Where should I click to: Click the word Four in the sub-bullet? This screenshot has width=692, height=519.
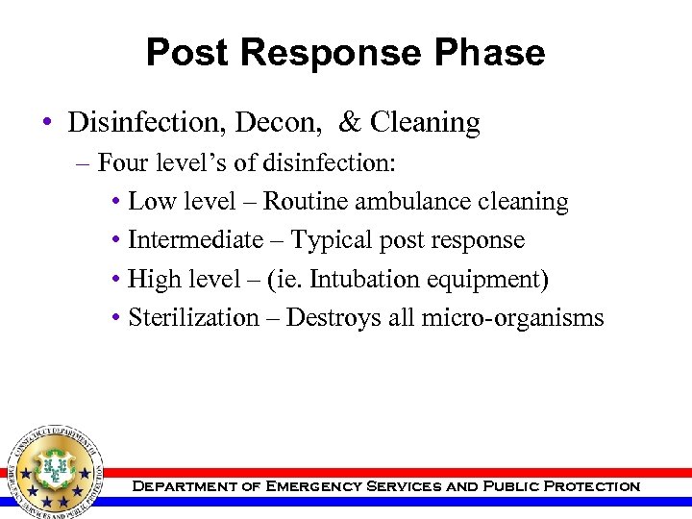(x=121, y=162)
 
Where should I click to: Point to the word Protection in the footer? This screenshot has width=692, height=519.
(x=591, y=486)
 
